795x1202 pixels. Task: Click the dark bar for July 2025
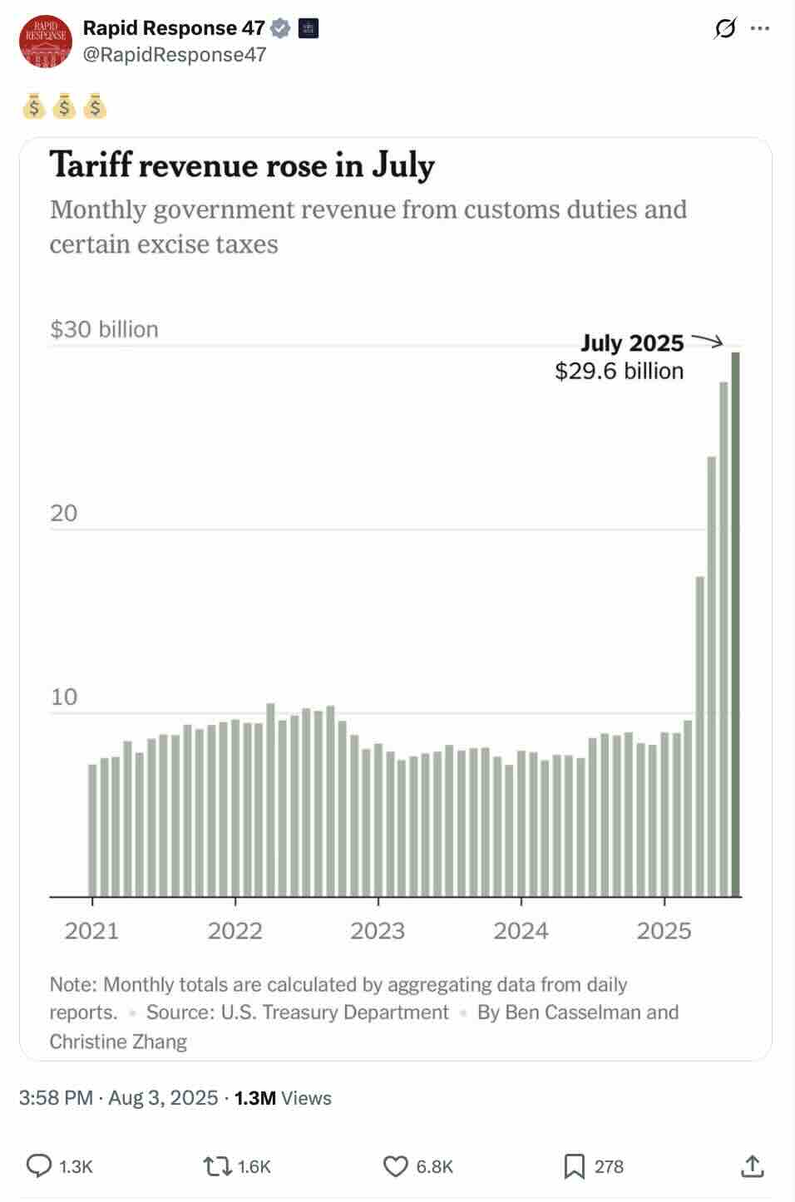point(735,623)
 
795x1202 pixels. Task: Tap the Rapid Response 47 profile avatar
point(46,41)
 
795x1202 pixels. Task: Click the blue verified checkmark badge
point(281,28)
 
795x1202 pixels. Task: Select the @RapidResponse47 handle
point(175,55)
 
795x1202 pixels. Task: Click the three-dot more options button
point(759,28)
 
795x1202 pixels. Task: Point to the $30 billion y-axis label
point(104,329)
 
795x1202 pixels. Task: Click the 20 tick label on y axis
point(64,513)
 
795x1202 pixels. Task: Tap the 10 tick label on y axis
point(64,697)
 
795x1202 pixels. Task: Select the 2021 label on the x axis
point(91,930)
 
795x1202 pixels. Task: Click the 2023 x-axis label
point(378,930)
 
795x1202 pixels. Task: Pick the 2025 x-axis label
point(664,930)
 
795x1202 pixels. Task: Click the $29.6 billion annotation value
point(619,371)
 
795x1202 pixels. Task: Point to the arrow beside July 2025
point(708,340)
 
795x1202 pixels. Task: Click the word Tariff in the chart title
point(91,165)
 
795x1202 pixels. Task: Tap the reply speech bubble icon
point(39,1166)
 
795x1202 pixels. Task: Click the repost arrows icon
point(217,1166)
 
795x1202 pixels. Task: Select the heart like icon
point(395,1166)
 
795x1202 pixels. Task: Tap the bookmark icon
point(574,1166)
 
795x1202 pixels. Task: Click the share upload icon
point(752,1166)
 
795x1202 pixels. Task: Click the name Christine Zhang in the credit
point(118,1042)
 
